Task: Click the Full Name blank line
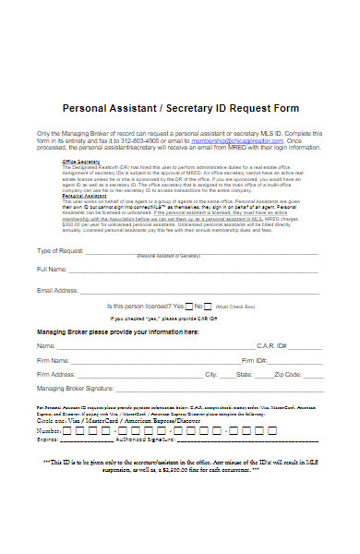click(x=194, y=270)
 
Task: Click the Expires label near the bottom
click(x=49, y=440)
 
